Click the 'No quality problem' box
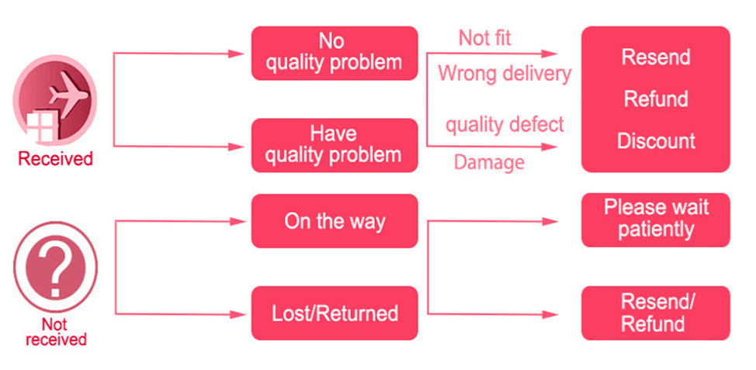pos(334,53)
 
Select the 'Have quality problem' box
pos(334,145)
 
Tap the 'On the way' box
pos(334,221)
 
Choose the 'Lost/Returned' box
pos(334,313)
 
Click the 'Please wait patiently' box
pos(656,220)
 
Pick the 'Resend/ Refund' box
pos(656,313)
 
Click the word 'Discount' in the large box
pos(656,141)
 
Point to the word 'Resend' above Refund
pos(656,57)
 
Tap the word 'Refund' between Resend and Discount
pos(656,99)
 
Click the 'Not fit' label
pos(484,37)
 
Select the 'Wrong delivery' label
pos(505,74)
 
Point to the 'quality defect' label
pos(505,125)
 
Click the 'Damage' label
pos(489,162)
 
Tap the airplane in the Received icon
pos(67,96)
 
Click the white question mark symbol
pos(56,268)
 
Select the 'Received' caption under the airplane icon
pos(55,159)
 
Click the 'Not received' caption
pos(56,331)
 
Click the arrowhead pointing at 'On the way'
pos(238,222)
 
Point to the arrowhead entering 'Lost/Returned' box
pos(238,315)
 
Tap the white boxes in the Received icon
pos(41,127)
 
